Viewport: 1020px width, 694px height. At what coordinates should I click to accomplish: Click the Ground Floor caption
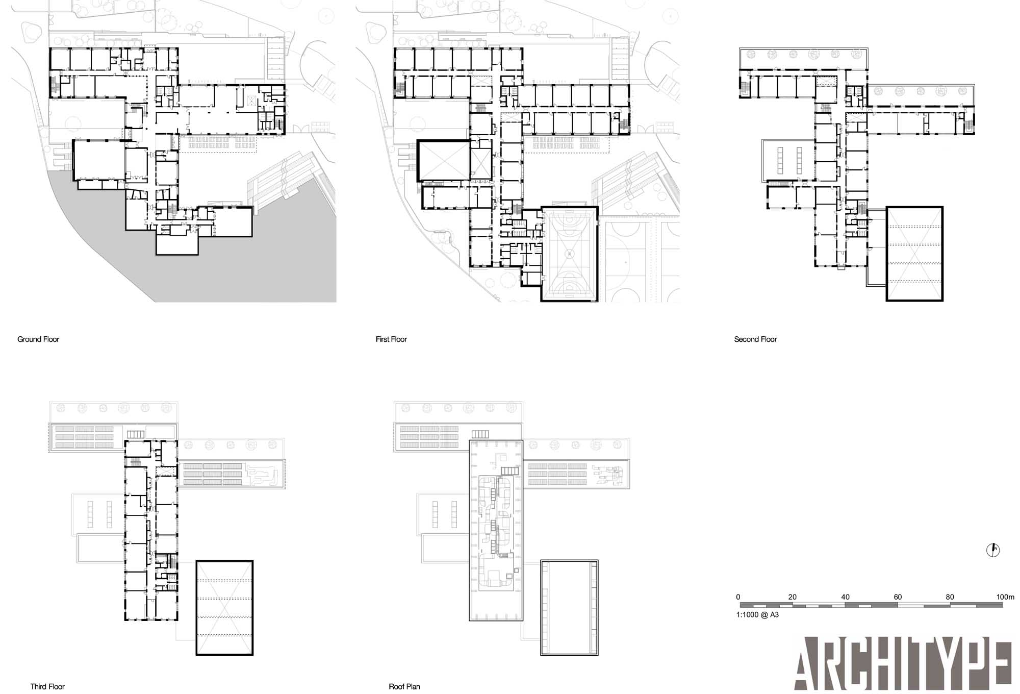(x=38, y=339)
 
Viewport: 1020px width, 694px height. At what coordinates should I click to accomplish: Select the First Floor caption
(x=391, y=339)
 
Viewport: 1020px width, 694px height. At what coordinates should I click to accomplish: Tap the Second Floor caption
(x=755, y=339)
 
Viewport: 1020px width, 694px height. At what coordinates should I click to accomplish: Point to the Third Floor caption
(x=47, y=687)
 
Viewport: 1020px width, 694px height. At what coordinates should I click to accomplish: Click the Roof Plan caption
(x=404, y=687)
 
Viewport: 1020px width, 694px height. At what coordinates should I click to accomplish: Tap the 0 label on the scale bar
(x=738, y=597)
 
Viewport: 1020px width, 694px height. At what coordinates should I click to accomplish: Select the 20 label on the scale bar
(x=792, y=597)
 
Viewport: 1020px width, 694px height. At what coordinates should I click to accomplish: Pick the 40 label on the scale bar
(x=845, y=597)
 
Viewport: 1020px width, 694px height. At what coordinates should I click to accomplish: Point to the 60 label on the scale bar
(x=898, y=597)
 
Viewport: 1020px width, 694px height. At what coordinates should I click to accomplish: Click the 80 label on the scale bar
(x=950, y=597)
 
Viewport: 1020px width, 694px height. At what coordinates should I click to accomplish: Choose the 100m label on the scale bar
(x=1005, y=597)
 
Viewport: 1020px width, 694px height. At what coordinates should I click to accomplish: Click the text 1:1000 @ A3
(x=757, y=615)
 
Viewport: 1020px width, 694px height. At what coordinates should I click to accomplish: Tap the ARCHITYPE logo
(x=903, y=663)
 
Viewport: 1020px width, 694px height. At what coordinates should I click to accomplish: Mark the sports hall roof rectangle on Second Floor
(x=914, y=254)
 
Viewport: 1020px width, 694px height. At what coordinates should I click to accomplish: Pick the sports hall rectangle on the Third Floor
(x=225, y=608)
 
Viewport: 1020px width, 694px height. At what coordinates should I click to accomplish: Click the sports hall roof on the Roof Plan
(x=569, y=608)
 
